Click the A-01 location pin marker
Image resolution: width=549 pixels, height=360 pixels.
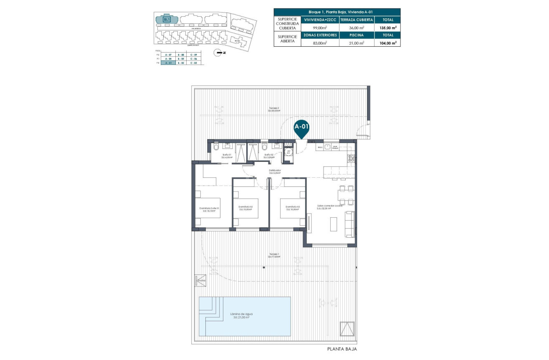pos(302,128)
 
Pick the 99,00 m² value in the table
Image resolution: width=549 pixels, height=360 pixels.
pos(320,28)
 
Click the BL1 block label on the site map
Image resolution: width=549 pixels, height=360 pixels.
pos(167,19)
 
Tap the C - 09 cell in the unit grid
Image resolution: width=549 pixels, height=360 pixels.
pos(193,55)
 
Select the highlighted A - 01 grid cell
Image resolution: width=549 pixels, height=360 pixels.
pos(168,63)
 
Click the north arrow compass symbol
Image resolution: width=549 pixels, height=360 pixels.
pos(218,53)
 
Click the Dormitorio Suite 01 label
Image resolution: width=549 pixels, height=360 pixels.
pos(209,209)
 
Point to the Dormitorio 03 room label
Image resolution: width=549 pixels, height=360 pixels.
pos(293,208)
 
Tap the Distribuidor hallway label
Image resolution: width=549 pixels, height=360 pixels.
pos(274,171)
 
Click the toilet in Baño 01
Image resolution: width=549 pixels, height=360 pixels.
pos(215,147)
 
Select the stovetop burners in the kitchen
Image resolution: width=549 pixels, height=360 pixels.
pos(351,159)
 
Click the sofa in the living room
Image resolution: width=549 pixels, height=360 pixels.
pos(349,224)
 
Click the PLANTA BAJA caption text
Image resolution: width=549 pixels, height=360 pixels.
pos(342,349)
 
